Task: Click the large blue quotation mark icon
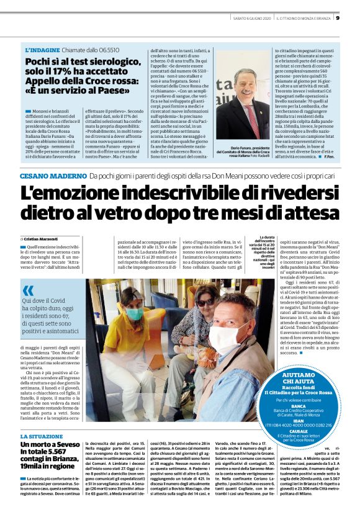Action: (29, 290)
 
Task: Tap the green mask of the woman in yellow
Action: (133, 313)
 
